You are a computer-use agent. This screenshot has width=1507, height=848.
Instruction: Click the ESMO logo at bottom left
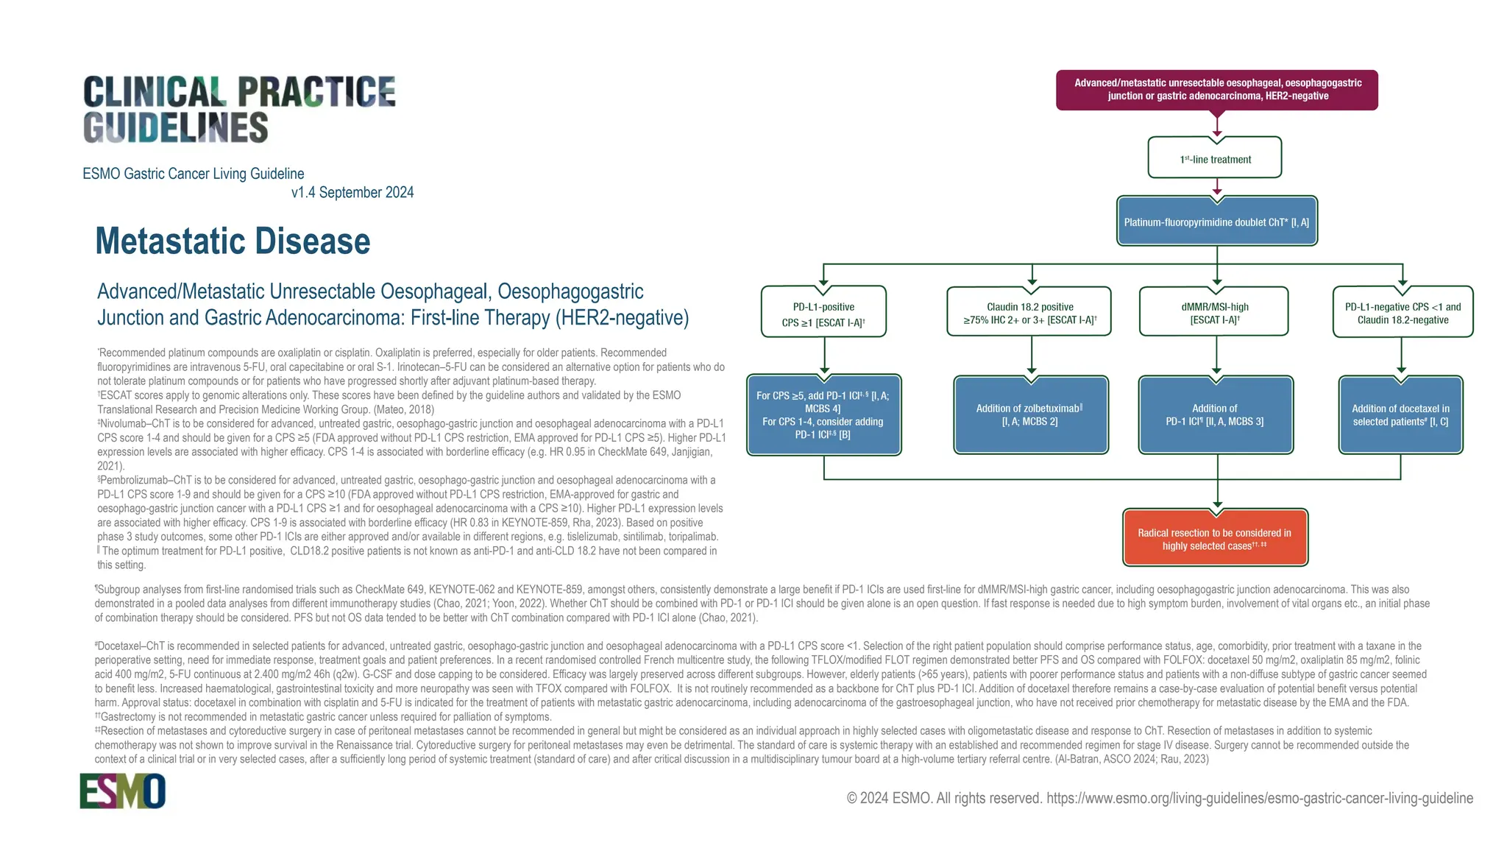tap(122, 791)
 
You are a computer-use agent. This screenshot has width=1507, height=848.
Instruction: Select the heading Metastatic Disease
tap(233, 241)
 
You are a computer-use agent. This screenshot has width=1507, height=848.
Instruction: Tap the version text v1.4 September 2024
tap(352, 193)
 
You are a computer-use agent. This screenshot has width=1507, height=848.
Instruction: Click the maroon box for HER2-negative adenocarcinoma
tap(1217, 90)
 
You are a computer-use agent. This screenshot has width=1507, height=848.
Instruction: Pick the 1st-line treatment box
tap(1215, 158)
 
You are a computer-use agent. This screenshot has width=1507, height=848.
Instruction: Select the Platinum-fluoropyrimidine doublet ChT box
tap(1216, 222)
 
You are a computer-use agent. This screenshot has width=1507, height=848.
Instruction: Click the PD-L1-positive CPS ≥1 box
tap(823, 314)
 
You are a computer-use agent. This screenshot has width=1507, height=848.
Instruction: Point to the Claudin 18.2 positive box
tap(1029, 313)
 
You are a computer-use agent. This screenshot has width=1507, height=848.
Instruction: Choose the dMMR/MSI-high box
tap(1214, 313)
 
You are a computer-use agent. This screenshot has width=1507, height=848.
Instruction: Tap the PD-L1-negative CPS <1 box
tap(1403, 313)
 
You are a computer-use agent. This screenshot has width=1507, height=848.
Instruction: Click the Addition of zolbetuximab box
tap(1030, 414)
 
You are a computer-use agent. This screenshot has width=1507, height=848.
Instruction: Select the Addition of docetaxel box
tap(1400, 414)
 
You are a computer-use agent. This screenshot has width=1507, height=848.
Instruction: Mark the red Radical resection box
tap(1215, 539)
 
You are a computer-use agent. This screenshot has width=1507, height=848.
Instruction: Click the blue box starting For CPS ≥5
tap(823, 414)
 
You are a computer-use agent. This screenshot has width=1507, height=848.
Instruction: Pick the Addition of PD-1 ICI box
tap(1215, 414)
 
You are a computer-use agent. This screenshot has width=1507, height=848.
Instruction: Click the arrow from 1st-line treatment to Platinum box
tap(1217, 187)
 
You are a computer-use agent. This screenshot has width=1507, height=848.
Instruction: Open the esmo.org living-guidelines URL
tap(1259, 799)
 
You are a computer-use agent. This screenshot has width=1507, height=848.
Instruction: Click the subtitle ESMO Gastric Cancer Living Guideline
tap(194, 174)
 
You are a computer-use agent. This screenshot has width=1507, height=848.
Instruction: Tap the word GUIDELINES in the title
tap(176, 128)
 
